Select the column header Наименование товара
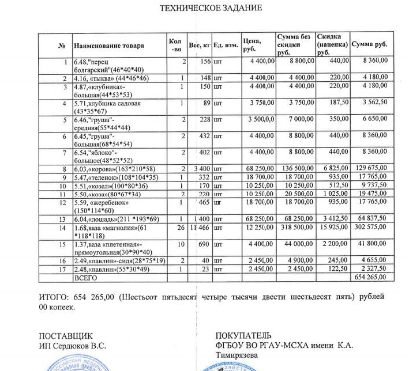108,46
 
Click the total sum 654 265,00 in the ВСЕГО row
370,277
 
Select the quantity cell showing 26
182,228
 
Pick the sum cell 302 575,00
369,228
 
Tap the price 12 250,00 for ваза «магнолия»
257,228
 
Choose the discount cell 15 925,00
333,228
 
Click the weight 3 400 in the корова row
200,169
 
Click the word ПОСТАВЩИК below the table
65,335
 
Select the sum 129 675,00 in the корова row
370,169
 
